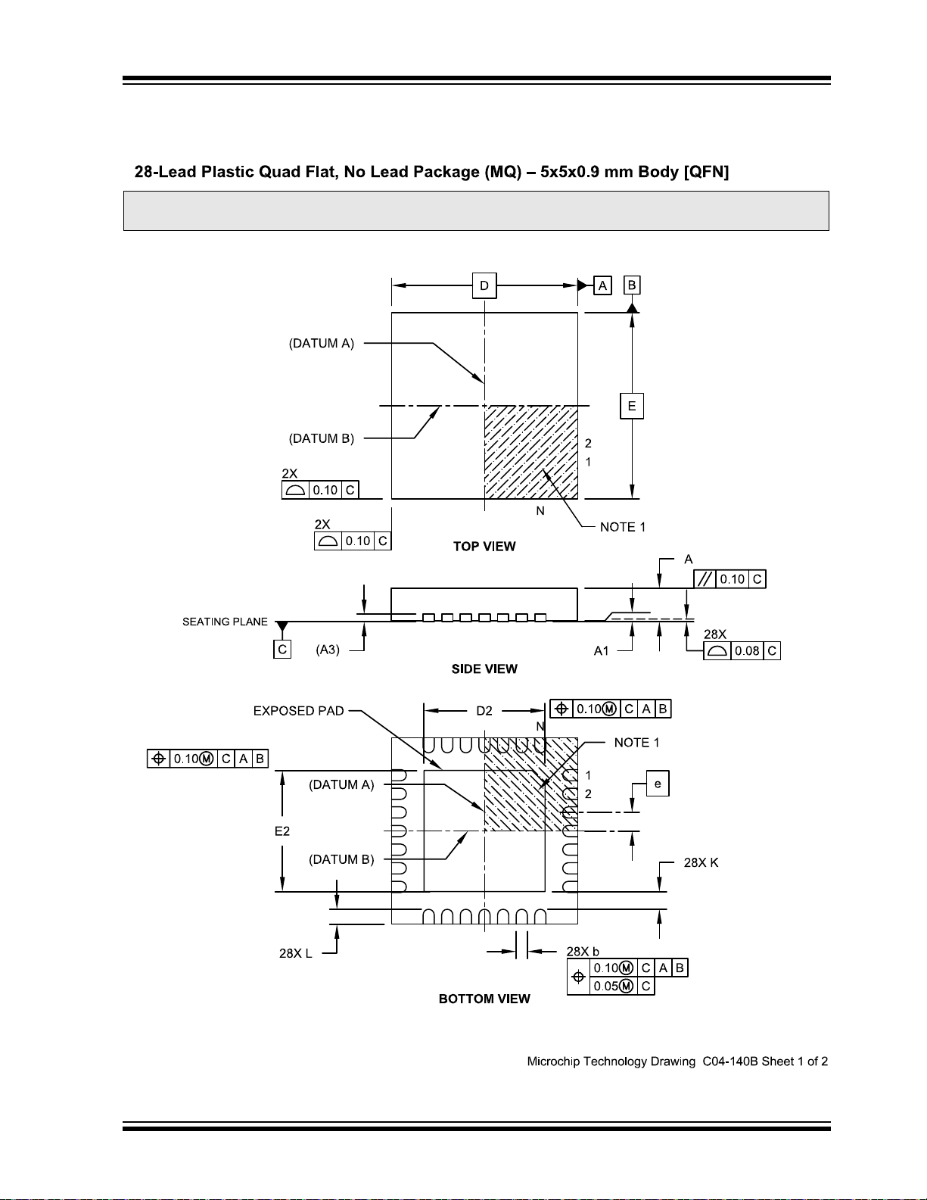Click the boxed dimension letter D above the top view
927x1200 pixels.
(x=484, y=285)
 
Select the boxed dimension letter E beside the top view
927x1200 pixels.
(x=632, y=406)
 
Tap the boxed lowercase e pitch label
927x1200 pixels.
(x=657, y=784)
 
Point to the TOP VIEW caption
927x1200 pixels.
(x=484, y=546)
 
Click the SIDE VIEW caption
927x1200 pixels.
(x=484, y=669)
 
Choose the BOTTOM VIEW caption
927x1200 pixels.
(x=484, y=999)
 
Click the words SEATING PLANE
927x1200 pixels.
(x=225, y=622)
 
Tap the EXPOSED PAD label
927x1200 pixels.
(x=298, y=711)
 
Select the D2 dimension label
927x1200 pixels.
(x=484, y=711)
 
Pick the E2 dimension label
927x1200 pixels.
(x=282, y=831)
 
